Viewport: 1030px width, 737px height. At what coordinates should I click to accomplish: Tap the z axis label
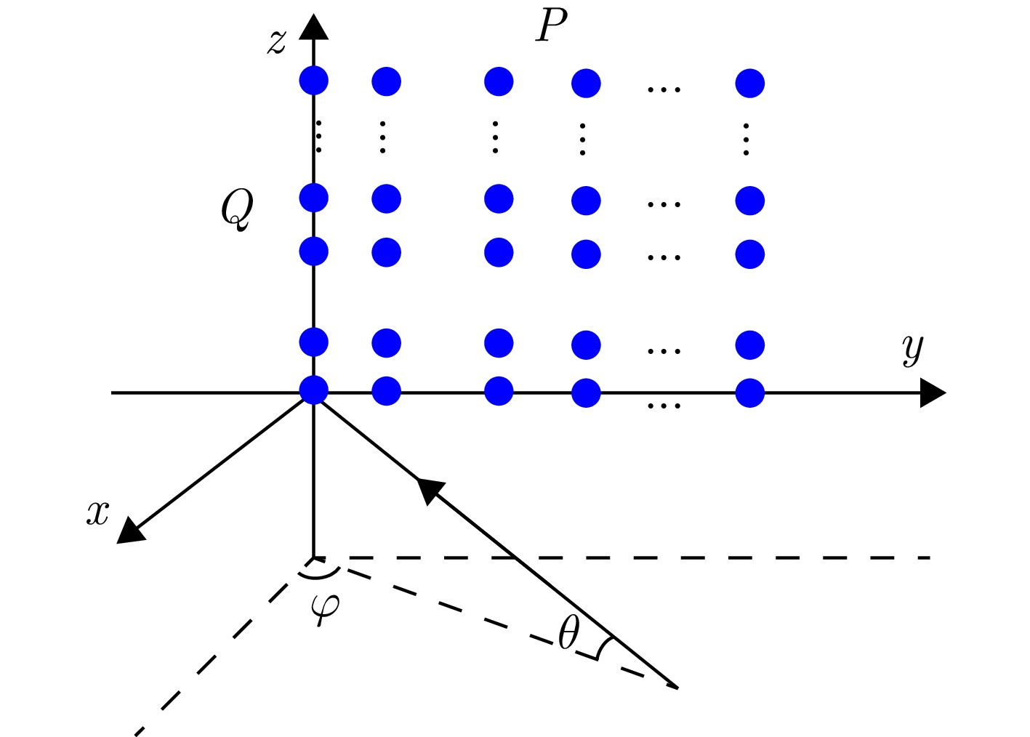(x=276, y=41)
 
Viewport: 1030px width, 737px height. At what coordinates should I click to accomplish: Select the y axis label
(x=913, y=349)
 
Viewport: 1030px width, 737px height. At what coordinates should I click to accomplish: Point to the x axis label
(x=97, y=513)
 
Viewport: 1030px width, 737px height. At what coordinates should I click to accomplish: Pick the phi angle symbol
(x=324, y=606)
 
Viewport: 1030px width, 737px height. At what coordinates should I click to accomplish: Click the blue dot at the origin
(x=314, y=390)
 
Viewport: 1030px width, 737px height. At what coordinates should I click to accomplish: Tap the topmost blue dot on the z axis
(x=314, y=80)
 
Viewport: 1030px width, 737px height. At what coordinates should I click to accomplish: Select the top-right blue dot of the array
(x=749, y=83)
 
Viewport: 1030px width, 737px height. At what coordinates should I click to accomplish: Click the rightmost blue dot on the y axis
(x=749, y=393)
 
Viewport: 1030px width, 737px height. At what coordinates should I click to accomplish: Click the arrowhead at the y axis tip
(x=932, y=393)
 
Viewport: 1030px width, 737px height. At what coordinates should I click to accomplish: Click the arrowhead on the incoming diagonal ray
(x=429, y=489)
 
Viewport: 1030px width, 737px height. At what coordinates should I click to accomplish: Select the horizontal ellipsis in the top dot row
(x=664, y=89)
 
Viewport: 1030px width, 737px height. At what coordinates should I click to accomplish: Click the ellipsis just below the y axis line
(x=664, y=406)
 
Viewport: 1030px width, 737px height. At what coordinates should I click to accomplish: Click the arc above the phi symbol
(x=318, y=574)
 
